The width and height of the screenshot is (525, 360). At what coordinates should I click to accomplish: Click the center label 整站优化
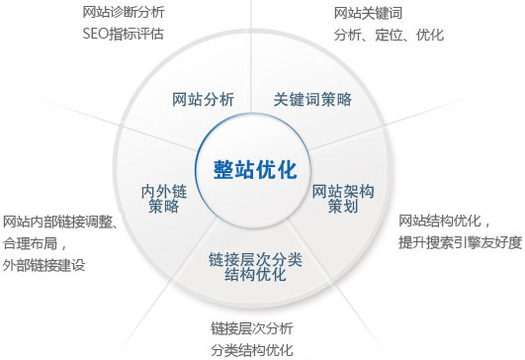255,169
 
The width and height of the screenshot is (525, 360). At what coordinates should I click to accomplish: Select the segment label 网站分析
204,99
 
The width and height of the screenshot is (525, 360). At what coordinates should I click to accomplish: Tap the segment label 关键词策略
312,99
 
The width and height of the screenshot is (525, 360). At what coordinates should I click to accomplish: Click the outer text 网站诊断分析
123,14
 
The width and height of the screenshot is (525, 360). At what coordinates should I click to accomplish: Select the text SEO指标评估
123,34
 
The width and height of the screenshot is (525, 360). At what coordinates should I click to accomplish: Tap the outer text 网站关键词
369,14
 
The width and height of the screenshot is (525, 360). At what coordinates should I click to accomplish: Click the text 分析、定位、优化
389,35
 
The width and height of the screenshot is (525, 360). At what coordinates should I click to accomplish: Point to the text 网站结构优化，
444,220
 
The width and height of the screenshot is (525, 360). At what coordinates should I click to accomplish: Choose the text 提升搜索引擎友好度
460,242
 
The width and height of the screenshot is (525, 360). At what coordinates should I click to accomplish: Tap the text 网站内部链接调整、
58,221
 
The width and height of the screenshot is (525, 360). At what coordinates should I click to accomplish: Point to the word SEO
96,34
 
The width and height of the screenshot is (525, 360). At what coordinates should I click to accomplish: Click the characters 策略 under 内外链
164,207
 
